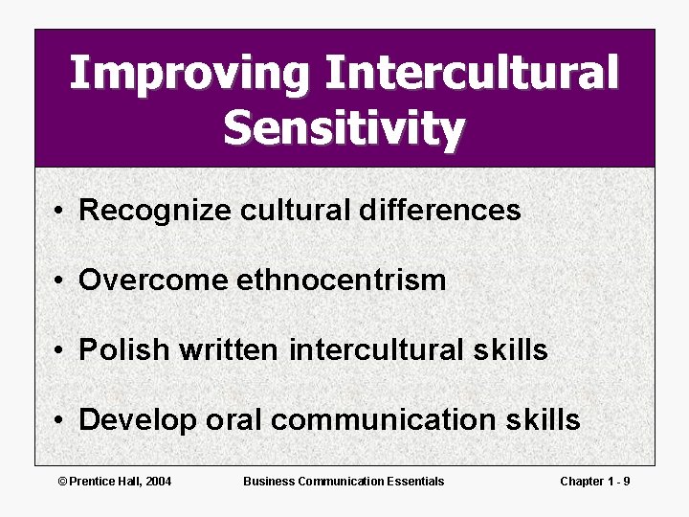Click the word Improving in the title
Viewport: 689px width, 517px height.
(188, 75)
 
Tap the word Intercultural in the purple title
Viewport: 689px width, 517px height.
(472, 73)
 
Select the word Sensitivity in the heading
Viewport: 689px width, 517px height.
(344, 128)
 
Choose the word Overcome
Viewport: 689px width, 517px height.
(153, 280)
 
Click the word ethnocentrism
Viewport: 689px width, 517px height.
(342, 280)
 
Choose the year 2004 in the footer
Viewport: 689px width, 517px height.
(157, 481)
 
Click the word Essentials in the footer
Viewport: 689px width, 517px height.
(413, 481)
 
